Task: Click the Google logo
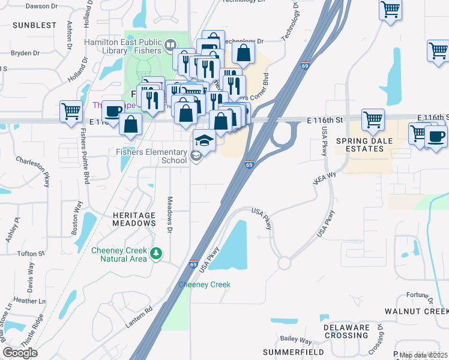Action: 20,353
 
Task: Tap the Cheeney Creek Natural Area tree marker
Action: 157,253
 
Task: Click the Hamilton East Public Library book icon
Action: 170,45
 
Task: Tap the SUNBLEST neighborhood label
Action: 34,25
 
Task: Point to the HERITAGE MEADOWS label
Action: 134,219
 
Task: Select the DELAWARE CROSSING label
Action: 347,332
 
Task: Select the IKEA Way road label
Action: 323,178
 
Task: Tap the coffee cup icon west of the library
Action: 112,110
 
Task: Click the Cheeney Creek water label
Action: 205,284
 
